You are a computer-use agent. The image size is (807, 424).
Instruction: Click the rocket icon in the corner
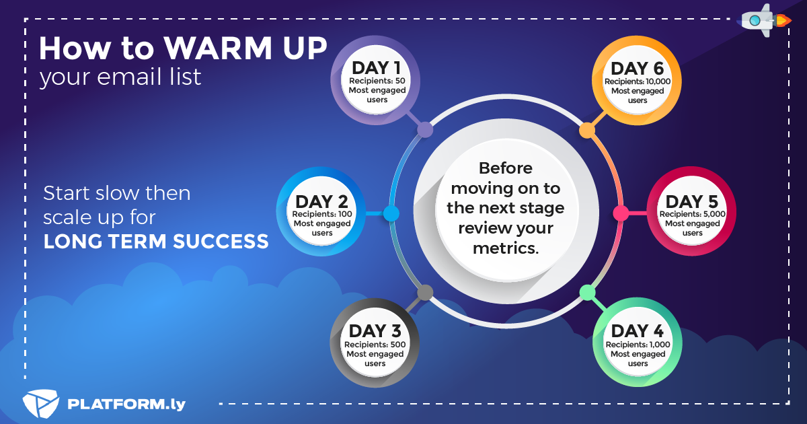click(x=764, y=21)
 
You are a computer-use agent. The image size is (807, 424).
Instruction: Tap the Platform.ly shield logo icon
click(x=40, y=403)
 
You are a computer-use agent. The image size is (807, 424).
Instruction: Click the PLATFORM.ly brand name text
click(x=126, y=404)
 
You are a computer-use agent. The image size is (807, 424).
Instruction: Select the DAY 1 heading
click(x=376, y=68)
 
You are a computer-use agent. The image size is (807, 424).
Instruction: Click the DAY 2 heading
click(x=321, y=201)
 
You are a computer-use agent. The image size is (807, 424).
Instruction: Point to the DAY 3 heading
click(x=375, y=331)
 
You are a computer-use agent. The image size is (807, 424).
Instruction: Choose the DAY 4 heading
click(x=638, y=331)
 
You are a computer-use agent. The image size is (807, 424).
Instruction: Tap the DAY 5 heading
click(x=692, y=201)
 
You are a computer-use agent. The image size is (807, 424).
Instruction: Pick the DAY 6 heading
click(x=638, y=69)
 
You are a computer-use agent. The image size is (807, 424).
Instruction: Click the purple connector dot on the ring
click(x=425, y=130)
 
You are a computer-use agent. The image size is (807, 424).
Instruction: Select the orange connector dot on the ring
click(x=587, y=130)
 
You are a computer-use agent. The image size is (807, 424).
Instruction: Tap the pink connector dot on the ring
click(x=621, y=213)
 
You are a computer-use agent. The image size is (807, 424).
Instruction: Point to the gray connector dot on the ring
click(x=425, y=292)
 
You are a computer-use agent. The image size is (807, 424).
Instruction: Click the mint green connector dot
click(x=587, y=292)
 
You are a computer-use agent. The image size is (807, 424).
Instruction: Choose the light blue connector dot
click(x=391, y=213)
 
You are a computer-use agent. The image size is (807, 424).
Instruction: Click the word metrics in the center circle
click(x=506, y=248)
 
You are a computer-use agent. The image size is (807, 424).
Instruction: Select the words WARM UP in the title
click(x=245, y=48)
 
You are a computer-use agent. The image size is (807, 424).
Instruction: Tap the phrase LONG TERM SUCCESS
click(x=156, y=241)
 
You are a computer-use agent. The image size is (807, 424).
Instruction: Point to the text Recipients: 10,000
click(x=638, y=81)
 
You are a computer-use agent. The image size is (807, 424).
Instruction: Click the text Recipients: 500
click(x=375, y=345)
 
